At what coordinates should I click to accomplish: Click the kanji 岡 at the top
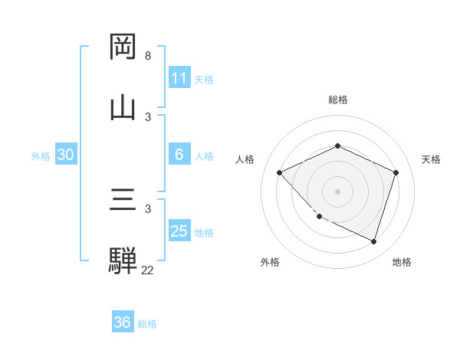(123, 47)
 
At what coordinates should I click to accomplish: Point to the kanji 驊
(123, 260)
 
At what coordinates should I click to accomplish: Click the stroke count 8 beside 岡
(148, 56)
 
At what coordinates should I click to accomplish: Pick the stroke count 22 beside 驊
(148, 270)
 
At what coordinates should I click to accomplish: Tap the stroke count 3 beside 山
(148, 116)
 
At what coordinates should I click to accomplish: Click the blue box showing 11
(179, 78)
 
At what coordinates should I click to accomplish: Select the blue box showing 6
(179, 155)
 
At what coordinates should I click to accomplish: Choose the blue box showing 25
(179, 231)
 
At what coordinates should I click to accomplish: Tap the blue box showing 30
(66, 155)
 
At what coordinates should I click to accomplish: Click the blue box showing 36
(123, 322)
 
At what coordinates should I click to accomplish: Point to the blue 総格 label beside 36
(148, 324)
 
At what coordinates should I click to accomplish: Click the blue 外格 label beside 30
(41, 156)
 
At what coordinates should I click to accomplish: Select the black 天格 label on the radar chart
(431, 159)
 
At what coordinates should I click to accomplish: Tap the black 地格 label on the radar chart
(402, 262)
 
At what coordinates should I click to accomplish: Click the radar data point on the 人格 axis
(280, 172)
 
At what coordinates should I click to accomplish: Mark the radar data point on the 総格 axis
(337, 146)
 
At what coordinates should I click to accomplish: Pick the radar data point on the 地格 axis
(373, 241)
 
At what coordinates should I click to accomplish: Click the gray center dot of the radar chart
(337, 191)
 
